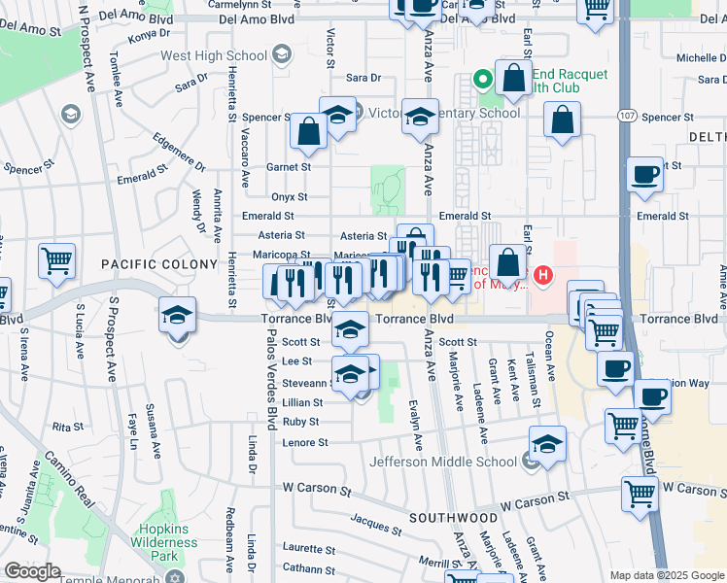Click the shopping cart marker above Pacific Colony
(57, 260)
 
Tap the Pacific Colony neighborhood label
(159, 264)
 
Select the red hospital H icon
(543, 276)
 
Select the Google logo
(32, 571)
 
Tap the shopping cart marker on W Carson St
(640, 494)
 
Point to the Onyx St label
(291, 196)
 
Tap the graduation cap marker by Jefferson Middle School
(547, 444)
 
